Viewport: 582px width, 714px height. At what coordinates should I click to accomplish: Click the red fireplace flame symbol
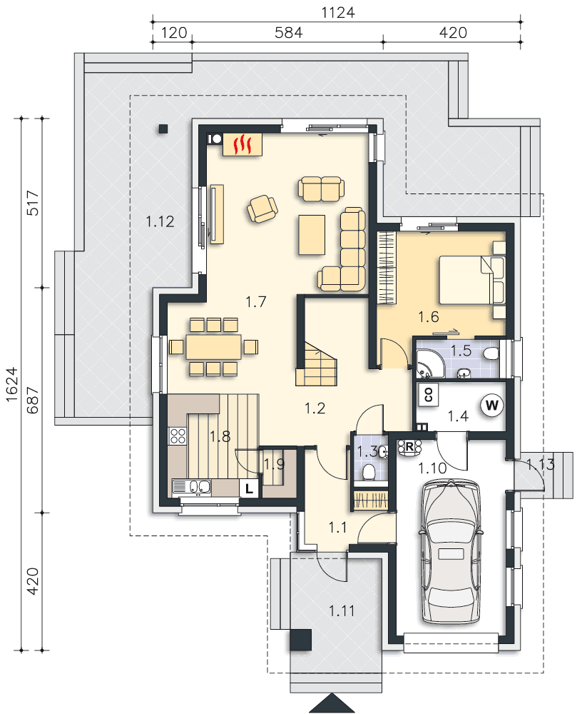point(242,144)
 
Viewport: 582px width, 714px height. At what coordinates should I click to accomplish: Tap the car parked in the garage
point(451,551)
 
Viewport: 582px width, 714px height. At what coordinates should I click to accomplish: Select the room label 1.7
point(256,301)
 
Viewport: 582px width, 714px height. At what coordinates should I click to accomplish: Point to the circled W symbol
point(492,405)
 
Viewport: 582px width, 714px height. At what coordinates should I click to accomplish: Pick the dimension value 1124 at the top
point(337,12)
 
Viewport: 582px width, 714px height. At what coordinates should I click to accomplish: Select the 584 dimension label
point(289,32)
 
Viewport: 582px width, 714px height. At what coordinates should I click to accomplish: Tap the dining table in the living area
point(213,346)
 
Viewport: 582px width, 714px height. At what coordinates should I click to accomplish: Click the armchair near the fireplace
point(262,208)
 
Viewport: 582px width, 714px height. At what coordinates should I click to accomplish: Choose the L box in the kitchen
point(249,488)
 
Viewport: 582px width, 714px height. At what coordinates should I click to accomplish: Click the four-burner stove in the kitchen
point(178,436)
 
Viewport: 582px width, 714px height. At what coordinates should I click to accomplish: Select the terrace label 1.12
point(160,221)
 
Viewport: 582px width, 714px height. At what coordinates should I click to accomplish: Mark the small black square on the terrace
point(163,129)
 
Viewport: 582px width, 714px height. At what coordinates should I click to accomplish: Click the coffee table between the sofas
point(312,234)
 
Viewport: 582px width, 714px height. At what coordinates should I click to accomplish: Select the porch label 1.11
point(342,610)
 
